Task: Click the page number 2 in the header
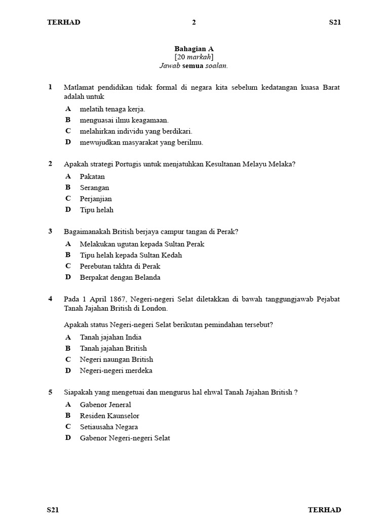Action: (193, 22)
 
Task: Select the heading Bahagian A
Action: (194, 49)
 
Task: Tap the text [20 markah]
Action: (194, 57)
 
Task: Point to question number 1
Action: (50, 87)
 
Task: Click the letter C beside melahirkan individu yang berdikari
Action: (68, 131)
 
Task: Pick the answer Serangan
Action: (94, 188)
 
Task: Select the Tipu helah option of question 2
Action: (96, 210)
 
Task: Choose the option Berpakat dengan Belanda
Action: (120, 277)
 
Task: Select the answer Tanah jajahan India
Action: (110, 337)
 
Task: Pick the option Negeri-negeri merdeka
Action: (116, 370)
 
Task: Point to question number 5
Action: (50, 392)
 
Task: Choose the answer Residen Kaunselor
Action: (109, 416)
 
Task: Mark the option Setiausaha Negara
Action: (108, 427)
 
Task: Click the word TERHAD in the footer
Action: (324, 510)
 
